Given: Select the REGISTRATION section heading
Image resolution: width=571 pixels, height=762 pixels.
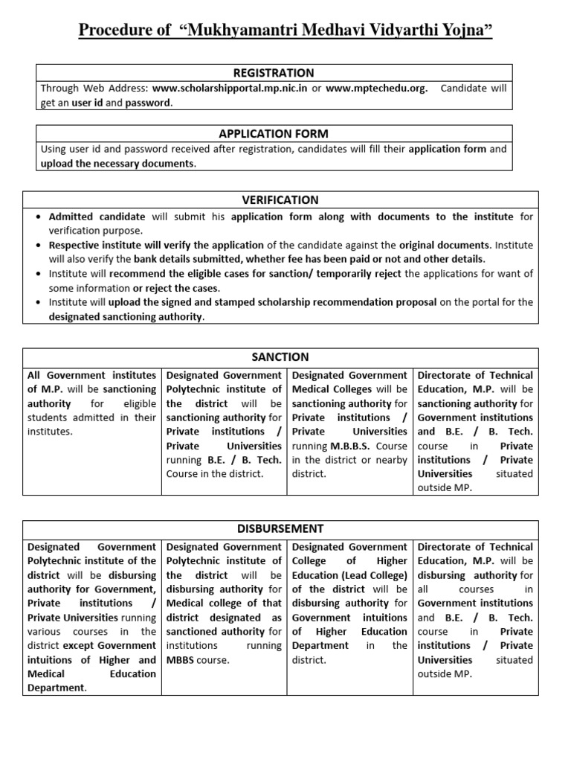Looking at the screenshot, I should pos(273,72).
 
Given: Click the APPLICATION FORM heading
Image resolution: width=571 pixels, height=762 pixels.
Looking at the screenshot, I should pos(273,134).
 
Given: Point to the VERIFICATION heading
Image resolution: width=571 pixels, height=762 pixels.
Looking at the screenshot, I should pos(280,199).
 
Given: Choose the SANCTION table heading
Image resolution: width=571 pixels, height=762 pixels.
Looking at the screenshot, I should pos(280,357).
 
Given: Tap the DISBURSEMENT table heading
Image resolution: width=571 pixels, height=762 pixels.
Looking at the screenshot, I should pos(280,528).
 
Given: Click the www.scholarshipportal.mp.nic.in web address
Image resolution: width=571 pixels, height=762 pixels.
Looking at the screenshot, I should pos(230,89).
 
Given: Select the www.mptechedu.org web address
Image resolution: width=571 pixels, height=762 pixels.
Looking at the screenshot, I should pos(376,89).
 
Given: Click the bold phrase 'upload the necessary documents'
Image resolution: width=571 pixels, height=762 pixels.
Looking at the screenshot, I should pos(118,164).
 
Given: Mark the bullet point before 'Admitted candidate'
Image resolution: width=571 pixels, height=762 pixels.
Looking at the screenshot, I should pos(38,217).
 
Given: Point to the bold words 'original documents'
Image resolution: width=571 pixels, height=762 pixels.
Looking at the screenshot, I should pos(445,245).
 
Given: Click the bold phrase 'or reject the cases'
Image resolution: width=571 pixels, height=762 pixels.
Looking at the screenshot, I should pos(182,288).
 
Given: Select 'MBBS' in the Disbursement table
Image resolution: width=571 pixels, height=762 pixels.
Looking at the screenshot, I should pos(182,660).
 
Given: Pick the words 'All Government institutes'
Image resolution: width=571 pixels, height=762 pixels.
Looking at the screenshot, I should pos(91,375).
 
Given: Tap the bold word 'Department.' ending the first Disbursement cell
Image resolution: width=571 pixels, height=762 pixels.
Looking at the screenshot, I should pos(57,688).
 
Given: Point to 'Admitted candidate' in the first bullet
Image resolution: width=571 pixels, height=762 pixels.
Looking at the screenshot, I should pos(97,217).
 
